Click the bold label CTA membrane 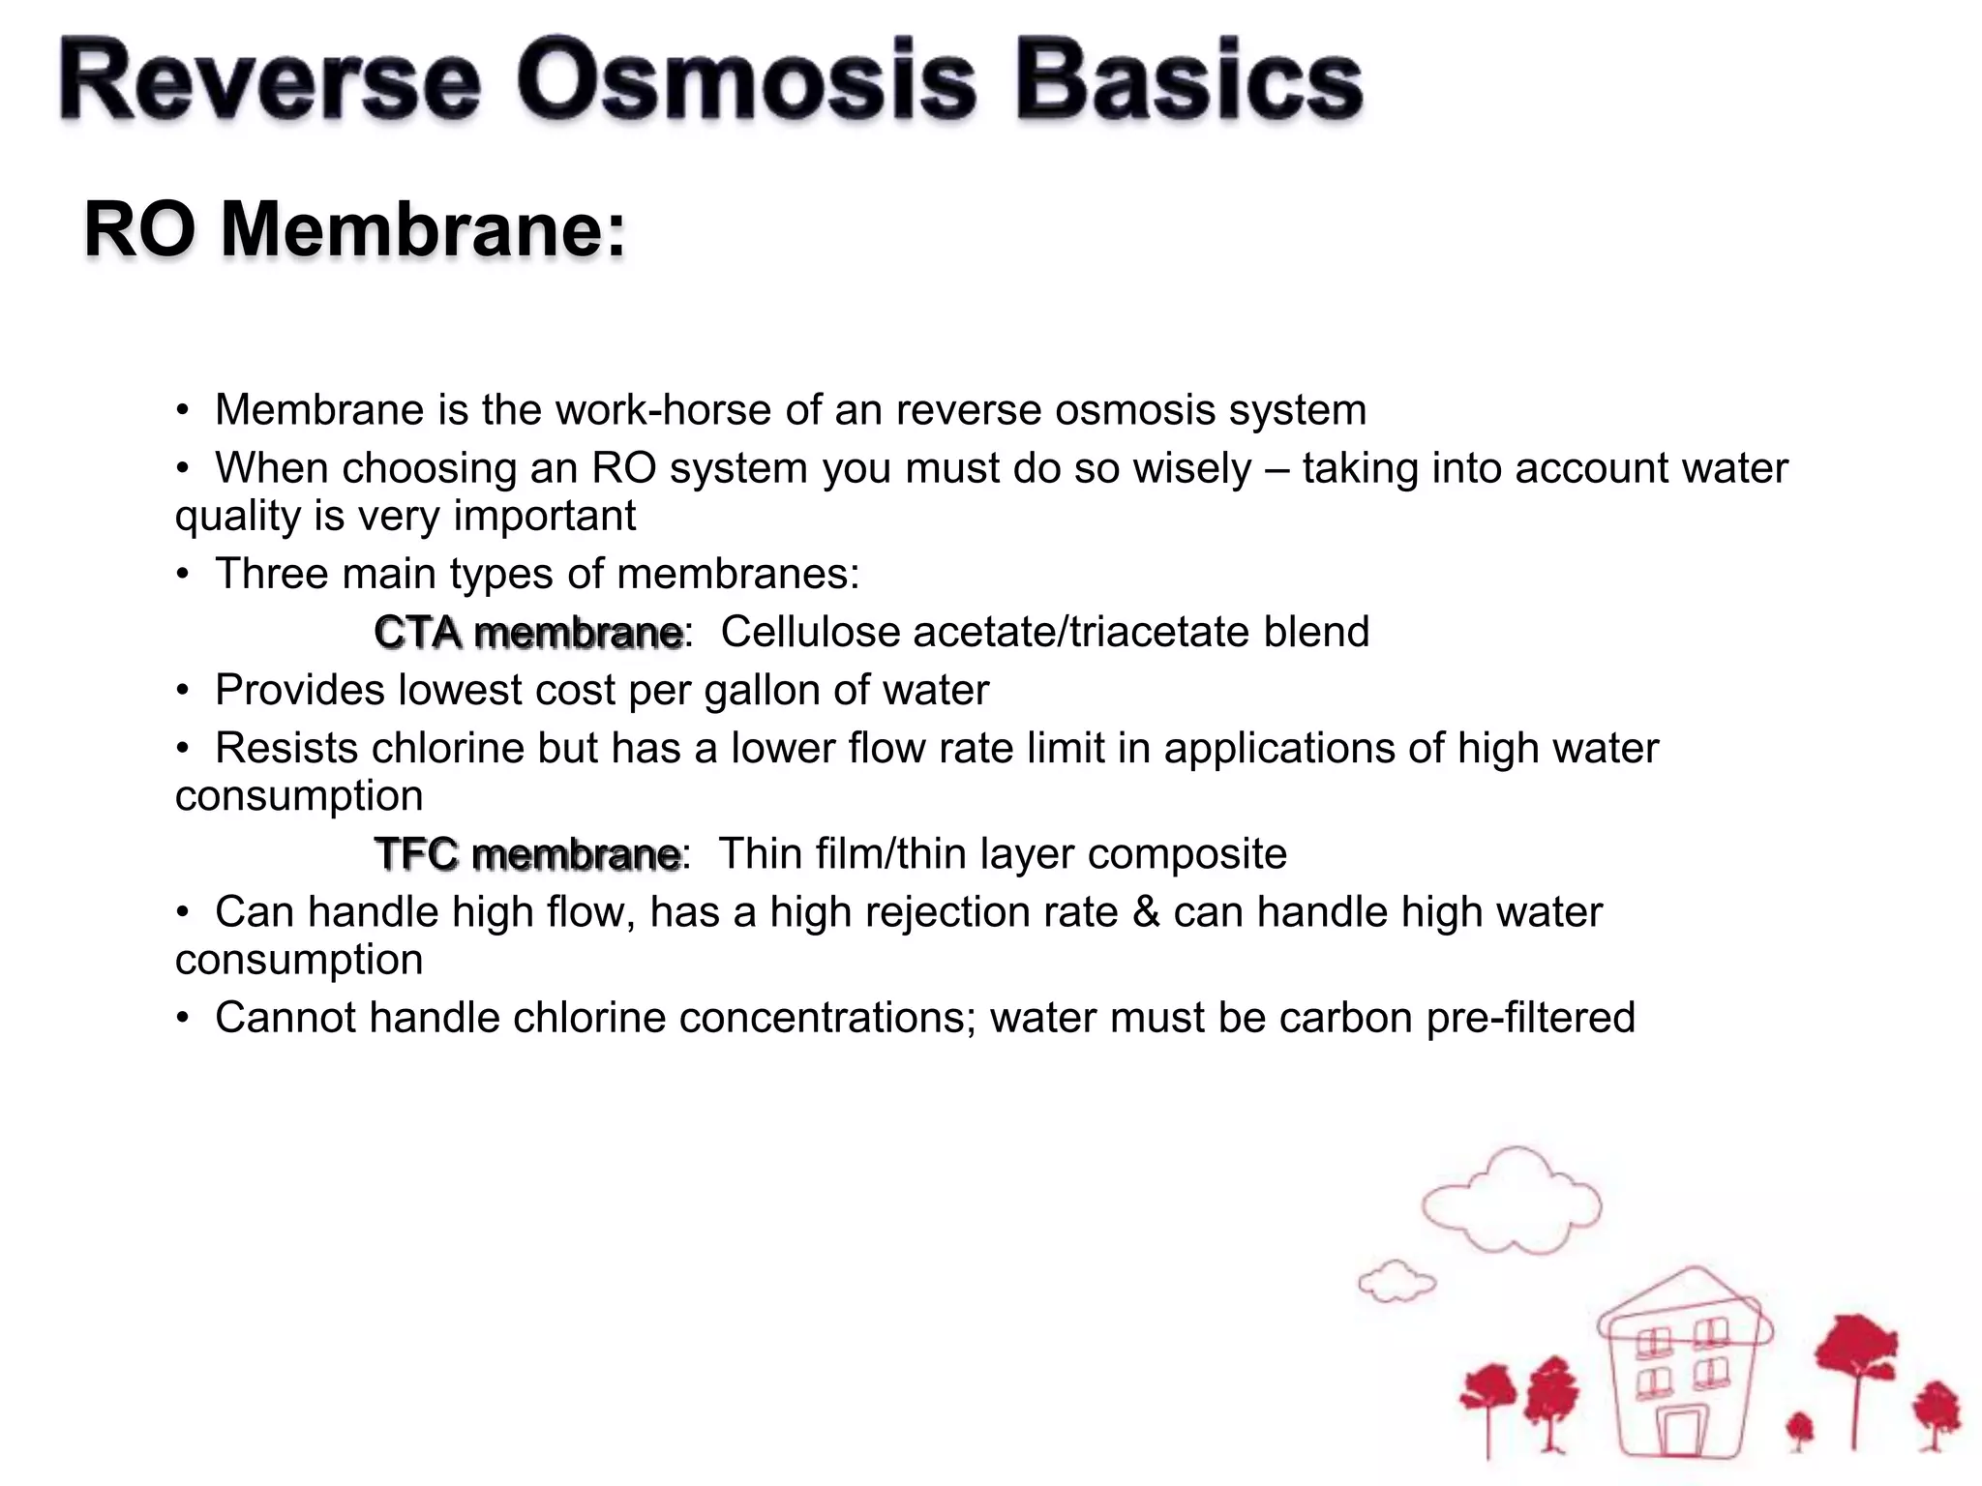coord(528,633)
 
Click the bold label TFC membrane coord(527,854)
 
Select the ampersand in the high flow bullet coord(1146,912)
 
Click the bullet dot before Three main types coord(182,575)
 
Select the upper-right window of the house coord(1711,1333)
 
